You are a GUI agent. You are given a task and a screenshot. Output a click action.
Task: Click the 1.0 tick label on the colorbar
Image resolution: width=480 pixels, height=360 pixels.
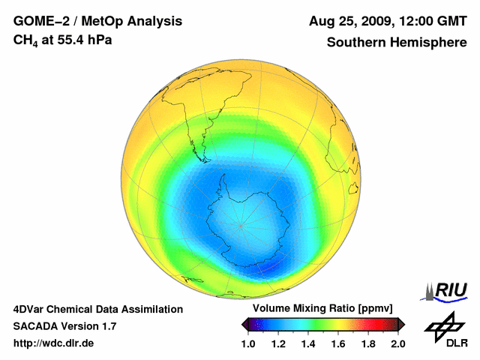248,343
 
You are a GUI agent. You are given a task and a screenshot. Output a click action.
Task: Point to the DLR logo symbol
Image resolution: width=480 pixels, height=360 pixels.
442,325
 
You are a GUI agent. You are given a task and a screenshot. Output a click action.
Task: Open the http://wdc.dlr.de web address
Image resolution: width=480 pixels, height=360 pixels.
54,343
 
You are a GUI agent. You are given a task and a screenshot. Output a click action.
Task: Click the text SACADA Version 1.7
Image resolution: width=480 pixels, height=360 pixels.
64,326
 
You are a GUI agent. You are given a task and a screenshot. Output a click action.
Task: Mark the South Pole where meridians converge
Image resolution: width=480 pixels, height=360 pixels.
241,225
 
